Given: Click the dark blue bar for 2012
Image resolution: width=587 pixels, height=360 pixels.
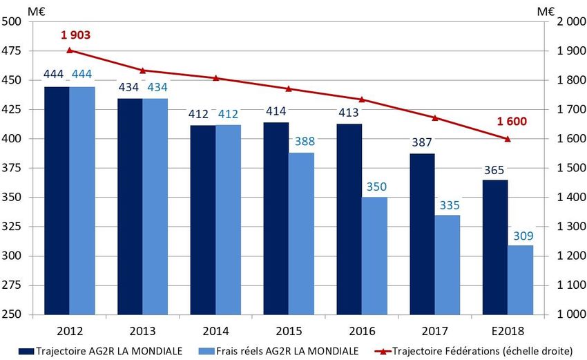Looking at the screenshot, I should tap(56, 200).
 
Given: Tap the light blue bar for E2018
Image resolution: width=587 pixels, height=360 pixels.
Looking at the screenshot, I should tap(520, 280).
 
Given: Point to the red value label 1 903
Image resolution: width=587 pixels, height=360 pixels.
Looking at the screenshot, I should tap(75, 35).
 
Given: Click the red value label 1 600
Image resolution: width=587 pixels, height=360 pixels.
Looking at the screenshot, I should tap(512, 122).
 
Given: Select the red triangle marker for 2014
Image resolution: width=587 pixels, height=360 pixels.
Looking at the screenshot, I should tap(215, 78).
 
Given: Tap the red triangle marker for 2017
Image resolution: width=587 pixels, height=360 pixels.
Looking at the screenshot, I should tap(434, 117).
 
